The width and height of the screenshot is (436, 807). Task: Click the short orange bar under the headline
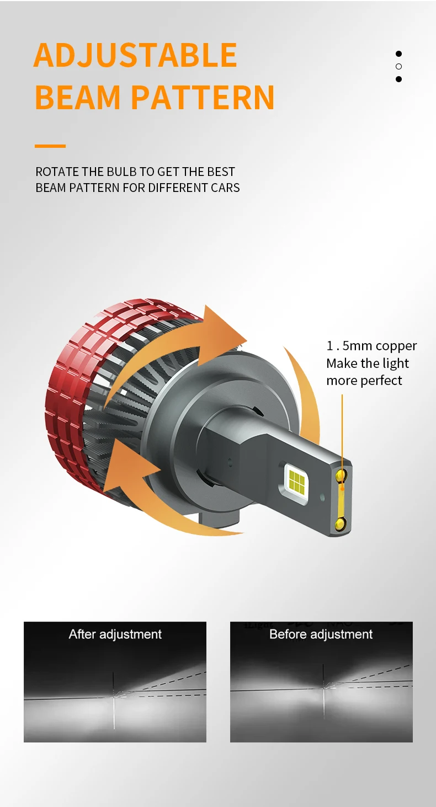tap(50, 146)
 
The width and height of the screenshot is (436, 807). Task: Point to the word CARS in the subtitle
tap(225, 188)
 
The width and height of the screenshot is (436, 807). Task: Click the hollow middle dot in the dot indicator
tap(398, 66)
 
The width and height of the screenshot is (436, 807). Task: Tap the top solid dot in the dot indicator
tap(398, 54)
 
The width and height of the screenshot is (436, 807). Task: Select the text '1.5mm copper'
tap(371, 346)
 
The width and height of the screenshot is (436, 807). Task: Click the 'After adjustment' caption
tap(115, 634)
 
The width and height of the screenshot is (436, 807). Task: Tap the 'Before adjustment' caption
tap(321, 634)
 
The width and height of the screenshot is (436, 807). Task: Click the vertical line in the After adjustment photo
tap(114, 706)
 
